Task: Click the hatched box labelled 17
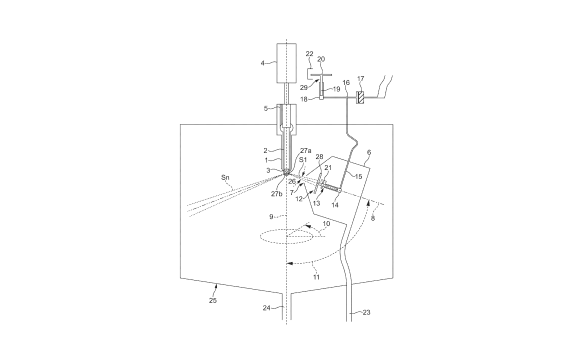360,97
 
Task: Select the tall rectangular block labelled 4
286,63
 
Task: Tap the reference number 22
309,54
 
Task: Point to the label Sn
226,177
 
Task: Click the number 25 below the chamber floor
212,300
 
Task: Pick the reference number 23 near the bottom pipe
366,312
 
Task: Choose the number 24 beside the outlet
266,308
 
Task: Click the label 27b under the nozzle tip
276,194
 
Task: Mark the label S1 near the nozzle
303,160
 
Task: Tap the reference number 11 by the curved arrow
316,277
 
